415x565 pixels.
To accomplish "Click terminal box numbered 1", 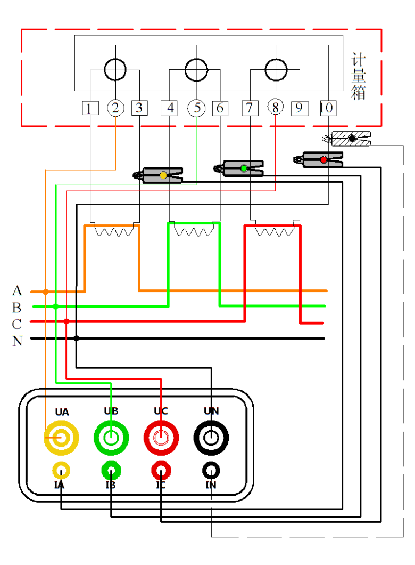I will point(90,108).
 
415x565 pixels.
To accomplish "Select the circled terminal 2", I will point(115,108).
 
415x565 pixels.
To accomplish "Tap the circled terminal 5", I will point(196,108).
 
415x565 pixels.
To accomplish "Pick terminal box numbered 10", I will point(327,108).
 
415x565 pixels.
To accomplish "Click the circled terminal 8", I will point(275,108).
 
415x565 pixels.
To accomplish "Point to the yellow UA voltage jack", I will point(61,438).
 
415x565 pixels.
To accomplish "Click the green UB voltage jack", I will point(111,438).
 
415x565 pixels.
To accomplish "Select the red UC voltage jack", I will point(161,438).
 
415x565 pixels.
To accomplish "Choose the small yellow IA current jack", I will point(61,471).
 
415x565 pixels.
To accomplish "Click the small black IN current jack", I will point(211,471).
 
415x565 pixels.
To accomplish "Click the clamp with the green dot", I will point(239,168).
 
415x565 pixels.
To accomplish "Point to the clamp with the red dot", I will point(319,159).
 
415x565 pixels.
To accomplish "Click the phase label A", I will point(17,291).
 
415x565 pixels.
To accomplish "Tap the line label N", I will point(17,341).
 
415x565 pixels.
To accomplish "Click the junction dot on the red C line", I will point(66,321).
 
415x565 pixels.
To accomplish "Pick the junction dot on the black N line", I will point(77,338).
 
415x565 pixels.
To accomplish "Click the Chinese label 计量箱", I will point(359,76).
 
